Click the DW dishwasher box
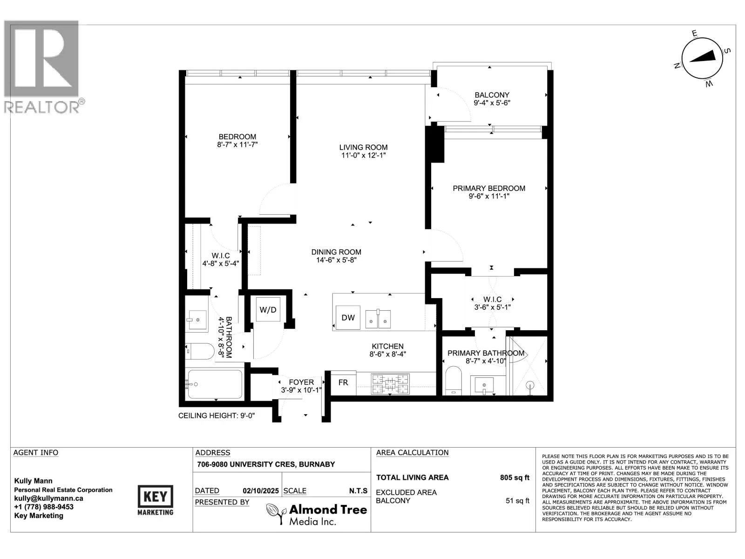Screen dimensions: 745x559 (x=347, y=317)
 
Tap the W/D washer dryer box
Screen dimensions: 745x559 (x=268, y=309)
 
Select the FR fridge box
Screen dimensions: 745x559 (x=343, y=383)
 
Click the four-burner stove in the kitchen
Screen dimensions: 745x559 (x=390, y=384)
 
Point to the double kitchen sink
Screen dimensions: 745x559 (x=378, y=319)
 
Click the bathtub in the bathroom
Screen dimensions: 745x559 (x=215, y=384)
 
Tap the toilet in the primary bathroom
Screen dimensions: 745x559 (x=453, y=381)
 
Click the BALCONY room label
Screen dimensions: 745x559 (x=492, y=95)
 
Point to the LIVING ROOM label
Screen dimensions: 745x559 (x=363, y=147)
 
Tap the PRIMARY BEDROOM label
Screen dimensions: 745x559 (x=489, y=188)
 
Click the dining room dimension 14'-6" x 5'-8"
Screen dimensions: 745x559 (x=336, y=260)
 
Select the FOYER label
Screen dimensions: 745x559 (x=301, y=382)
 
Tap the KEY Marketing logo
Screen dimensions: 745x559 (x=155, y=500)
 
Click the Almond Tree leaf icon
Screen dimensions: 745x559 (x=275, y=513)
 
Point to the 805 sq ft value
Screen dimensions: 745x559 (x=515, y=477)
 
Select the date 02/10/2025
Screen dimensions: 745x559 (x=261, y=491)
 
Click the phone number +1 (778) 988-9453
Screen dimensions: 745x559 (x=44, y=507)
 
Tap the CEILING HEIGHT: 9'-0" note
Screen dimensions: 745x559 (x=217, y=416)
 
